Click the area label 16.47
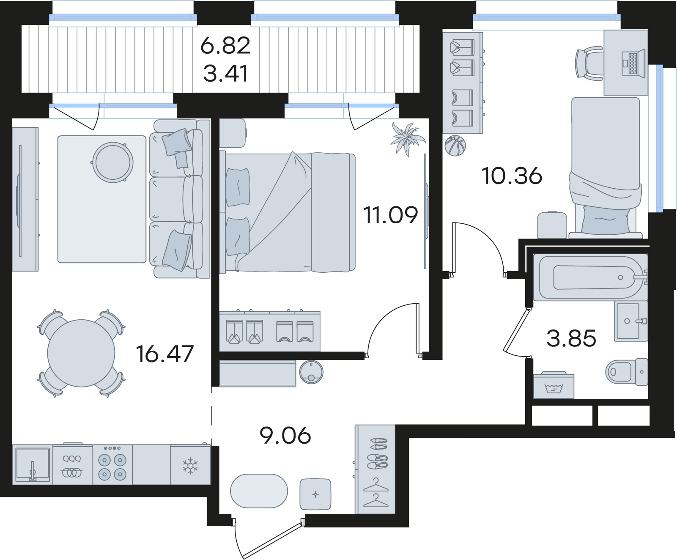(x=165, y=354)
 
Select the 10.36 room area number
(x=512, y=176)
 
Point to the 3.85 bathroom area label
(x=571, y=338)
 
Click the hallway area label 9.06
(x=285, y=435)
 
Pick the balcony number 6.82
(x=225, y=45)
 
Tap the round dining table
(x=81, y=353)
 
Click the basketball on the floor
(x=455, y=145)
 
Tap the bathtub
(x=590, y=277)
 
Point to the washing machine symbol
(x=554, y=385)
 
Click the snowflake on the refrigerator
(x=190, y=466)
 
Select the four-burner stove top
(x=112, y=464)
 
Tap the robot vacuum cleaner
(x=311, y=372)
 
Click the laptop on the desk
(x=633, y=63)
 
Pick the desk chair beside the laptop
(x=589, y=64)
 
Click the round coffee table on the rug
(x=113, y=162)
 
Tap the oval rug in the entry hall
(x=259, y=491)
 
